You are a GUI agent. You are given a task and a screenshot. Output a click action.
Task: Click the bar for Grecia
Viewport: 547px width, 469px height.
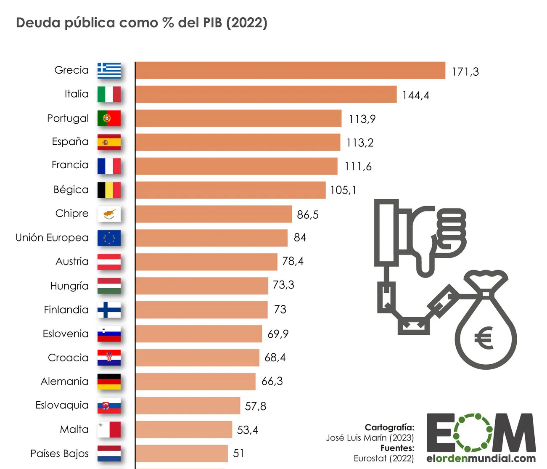click(x=290, y=70)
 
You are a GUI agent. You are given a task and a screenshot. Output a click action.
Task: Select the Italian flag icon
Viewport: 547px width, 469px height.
click(x=109, y=94)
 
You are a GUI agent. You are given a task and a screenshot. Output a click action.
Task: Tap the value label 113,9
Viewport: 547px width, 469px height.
click(x=362, y=119)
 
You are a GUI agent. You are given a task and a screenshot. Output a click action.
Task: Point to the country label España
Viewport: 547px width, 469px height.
click(x=70, y=142)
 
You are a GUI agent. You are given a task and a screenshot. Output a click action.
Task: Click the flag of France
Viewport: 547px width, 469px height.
click(x=109, y=166)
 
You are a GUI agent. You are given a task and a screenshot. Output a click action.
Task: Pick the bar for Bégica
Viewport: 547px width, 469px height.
click(x=230, y=190)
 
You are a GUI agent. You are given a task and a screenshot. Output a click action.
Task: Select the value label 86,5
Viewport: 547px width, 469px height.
click(x=307, y=215)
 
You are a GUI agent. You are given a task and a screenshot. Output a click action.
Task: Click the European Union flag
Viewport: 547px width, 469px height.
click(x=109, y=238)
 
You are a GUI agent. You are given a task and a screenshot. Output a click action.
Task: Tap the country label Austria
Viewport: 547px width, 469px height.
click(x=72, y=262)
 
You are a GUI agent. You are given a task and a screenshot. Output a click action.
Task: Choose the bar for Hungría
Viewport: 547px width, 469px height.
click(x=202, y=286)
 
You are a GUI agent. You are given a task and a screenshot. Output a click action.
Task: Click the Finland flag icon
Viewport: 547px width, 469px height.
click(x=109, y=310)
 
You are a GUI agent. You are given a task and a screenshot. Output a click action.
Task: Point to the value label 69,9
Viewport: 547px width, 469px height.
click(x=278, y=334)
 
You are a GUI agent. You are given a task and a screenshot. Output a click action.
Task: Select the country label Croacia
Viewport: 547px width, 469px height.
click(x=68, y=358)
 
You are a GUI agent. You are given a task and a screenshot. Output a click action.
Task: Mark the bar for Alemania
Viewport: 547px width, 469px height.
click(x=196, y=382)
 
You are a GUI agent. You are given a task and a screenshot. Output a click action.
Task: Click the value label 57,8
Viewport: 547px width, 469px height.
click(x=256, y=406)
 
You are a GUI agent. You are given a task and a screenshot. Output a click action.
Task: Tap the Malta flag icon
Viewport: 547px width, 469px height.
click(x=109, y=430)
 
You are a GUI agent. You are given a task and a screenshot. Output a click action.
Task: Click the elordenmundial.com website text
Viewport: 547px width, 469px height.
click(x=481, y=458)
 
